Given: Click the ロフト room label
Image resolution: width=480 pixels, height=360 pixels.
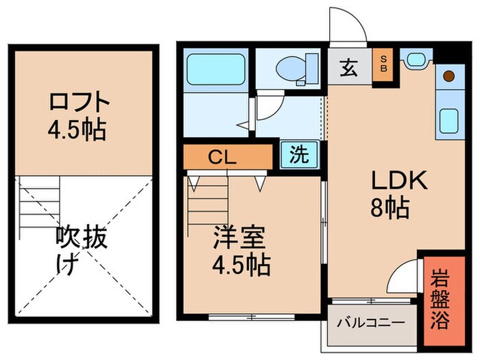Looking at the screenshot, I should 80,102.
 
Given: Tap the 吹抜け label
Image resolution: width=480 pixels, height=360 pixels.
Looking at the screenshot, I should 80,251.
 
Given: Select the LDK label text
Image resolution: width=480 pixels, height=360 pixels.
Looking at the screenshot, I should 399,181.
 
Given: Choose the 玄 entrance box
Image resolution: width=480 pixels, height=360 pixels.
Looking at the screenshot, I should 348,69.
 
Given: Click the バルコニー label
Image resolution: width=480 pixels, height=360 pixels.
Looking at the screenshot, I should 370,322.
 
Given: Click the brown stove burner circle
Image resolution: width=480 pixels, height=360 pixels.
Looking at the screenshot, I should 448,75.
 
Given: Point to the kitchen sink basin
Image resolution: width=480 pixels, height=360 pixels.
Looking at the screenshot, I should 449,122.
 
